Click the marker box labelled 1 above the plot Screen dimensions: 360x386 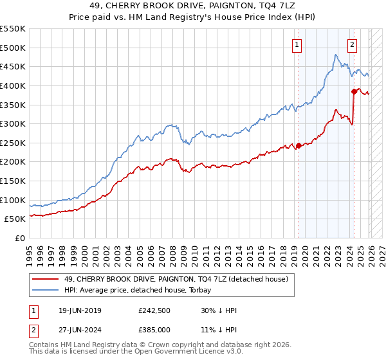(x=297, y=45)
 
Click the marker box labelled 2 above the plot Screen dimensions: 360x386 (x=353, y=45)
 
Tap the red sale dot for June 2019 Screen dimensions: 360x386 (x=299, y=145)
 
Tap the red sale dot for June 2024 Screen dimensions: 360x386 (x=354, y=91)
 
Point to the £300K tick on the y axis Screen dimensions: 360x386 (x=13, y=123)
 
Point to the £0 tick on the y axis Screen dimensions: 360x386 (x=20, y=238)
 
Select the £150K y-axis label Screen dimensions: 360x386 (x=13, y=181)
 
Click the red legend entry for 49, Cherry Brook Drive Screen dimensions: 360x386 (x=179, y=278)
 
